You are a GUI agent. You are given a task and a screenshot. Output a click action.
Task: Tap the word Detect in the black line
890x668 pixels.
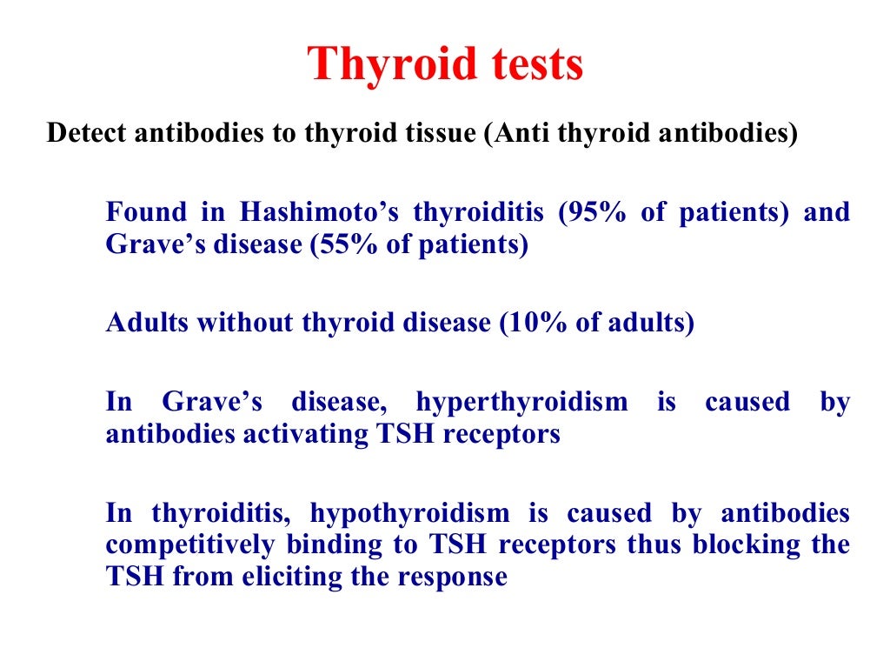click(x=82, y=135)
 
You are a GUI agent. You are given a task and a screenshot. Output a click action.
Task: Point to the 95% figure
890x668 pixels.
click(x=596, y=212)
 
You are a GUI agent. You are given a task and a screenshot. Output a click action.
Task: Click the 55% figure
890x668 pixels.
click(x=349, y=245)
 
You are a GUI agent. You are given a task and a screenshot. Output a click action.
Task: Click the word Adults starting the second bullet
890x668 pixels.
click(x=147, y=323)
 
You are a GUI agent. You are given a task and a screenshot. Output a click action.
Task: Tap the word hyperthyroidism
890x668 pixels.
click(x=521, y=402)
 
